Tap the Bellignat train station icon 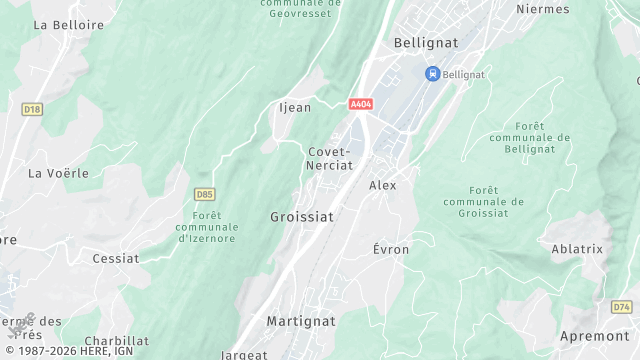[432, 73]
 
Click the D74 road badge [622, 306]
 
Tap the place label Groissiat [302, 216]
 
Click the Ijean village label [294, 107]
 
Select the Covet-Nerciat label [329, 159]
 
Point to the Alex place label [383, 185]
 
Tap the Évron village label [391, 249]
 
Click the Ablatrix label [578, 249]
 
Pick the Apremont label [594, 336]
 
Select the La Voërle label [58, 173]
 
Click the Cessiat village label [115, 258]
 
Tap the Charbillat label [117, 341]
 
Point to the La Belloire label [69, 23]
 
